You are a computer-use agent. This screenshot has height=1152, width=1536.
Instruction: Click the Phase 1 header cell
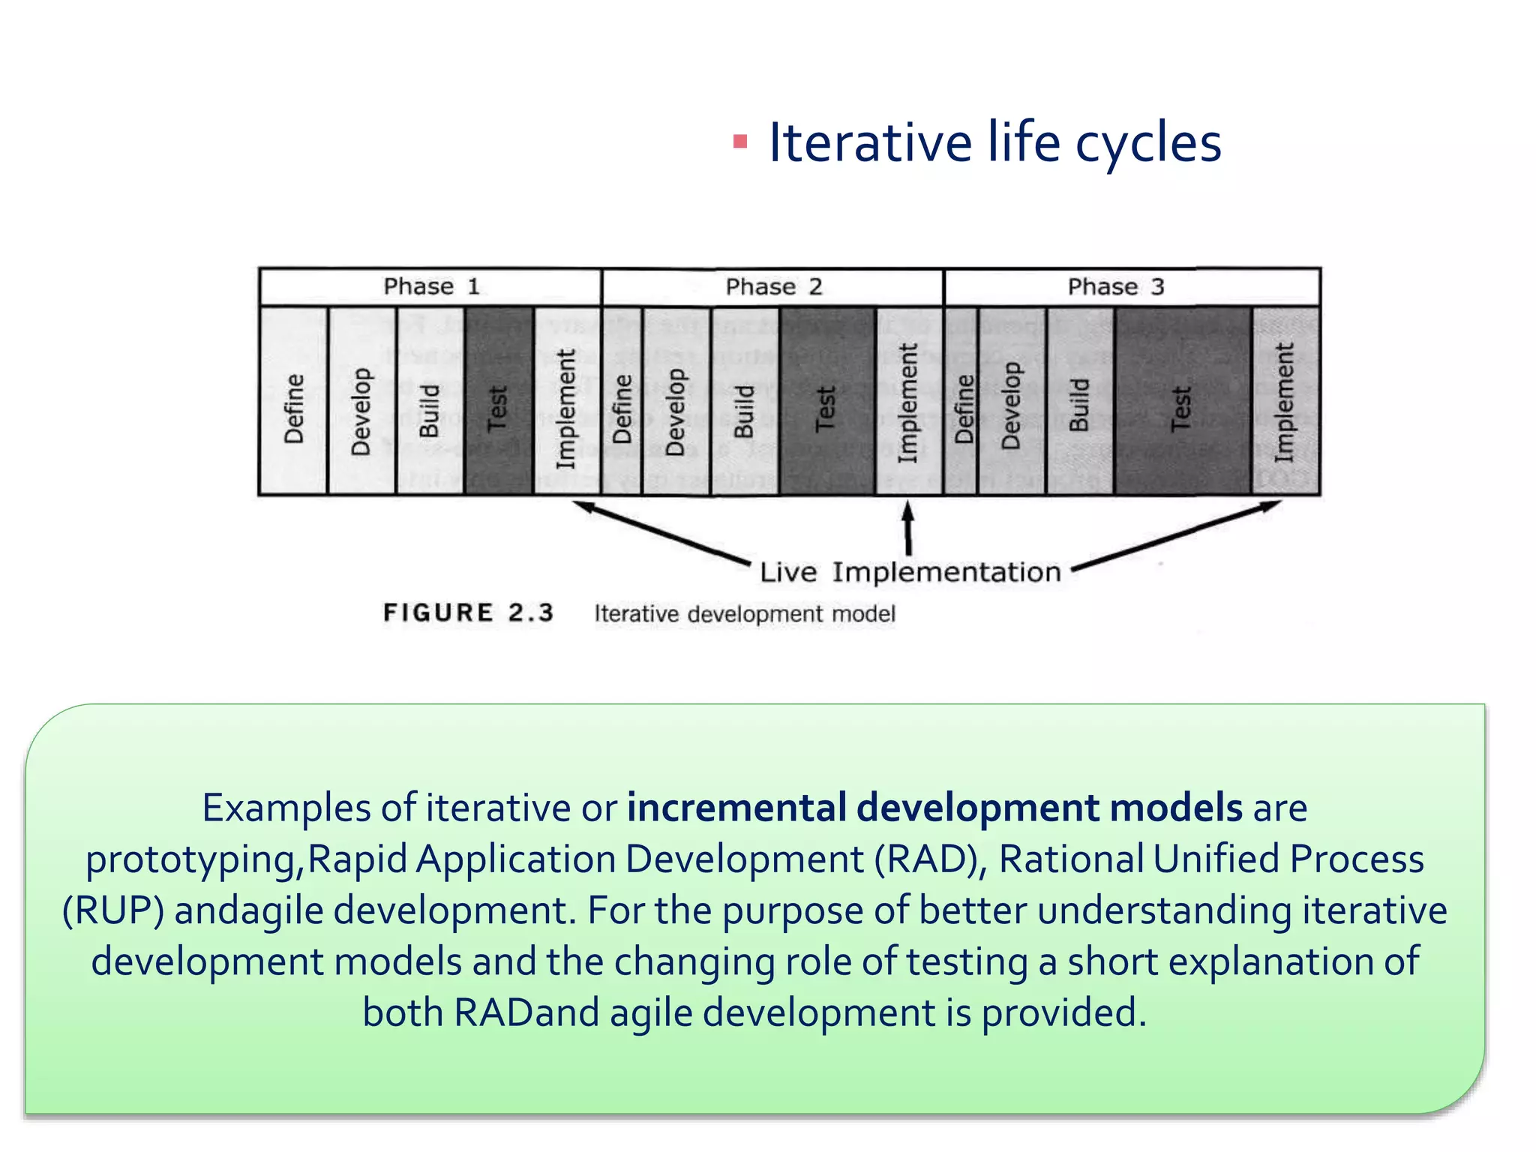click(x=430, y=286)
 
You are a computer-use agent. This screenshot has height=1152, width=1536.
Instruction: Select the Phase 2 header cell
click(x=772, y=286)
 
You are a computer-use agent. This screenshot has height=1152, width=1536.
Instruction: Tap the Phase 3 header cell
click(x=1131, y=286)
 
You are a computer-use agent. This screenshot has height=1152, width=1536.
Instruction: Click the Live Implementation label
click(x=910, y=572)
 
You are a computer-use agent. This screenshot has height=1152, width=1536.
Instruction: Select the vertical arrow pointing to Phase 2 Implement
click(x=908, y=529)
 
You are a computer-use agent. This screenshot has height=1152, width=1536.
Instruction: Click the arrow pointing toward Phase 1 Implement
click(x=660, y=532)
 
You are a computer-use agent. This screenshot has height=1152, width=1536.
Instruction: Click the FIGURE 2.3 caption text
click(x=469, y=613)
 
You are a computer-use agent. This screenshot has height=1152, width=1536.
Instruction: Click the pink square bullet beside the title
click(x=740, y=142)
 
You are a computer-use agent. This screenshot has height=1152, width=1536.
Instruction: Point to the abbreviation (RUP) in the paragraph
click(x=112, y=910)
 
